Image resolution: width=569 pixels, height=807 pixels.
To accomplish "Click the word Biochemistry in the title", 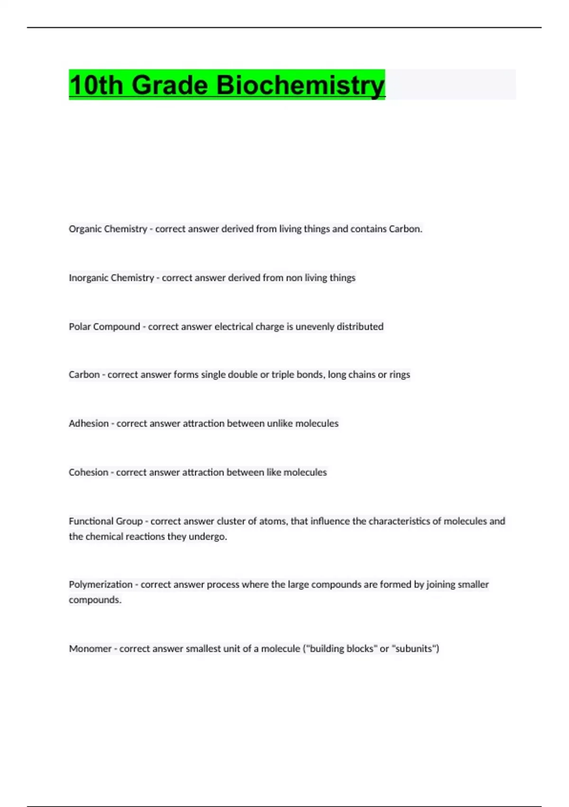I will [x=300, y=85].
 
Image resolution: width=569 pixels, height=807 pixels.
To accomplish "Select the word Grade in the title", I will [x=169, y=85].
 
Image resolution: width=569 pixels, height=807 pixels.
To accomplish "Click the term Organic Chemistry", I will [x=108, y=229].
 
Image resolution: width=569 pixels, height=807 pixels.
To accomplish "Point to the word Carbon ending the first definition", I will [x=404, y=229].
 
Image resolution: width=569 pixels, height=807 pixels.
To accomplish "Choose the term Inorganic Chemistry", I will [x=111, y=278].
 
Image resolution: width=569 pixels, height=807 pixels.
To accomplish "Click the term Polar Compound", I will [x=104, y=327].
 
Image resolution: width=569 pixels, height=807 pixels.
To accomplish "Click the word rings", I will [x=400, y=375].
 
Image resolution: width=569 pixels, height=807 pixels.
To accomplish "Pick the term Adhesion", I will [x=89, y=423].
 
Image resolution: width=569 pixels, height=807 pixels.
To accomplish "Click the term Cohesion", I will [x=88, y=472].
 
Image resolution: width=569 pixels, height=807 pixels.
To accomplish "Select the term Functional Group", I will [x=105, y=521].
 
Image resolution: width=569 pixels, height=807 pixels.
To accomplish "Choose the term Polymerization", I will [x=101, y=584].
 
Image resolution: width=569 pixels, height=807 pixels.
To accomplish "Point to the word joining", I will [x=442, y=584].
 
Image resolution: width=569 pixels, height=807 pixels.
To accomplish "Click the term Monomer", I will [x=90, y=648].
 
